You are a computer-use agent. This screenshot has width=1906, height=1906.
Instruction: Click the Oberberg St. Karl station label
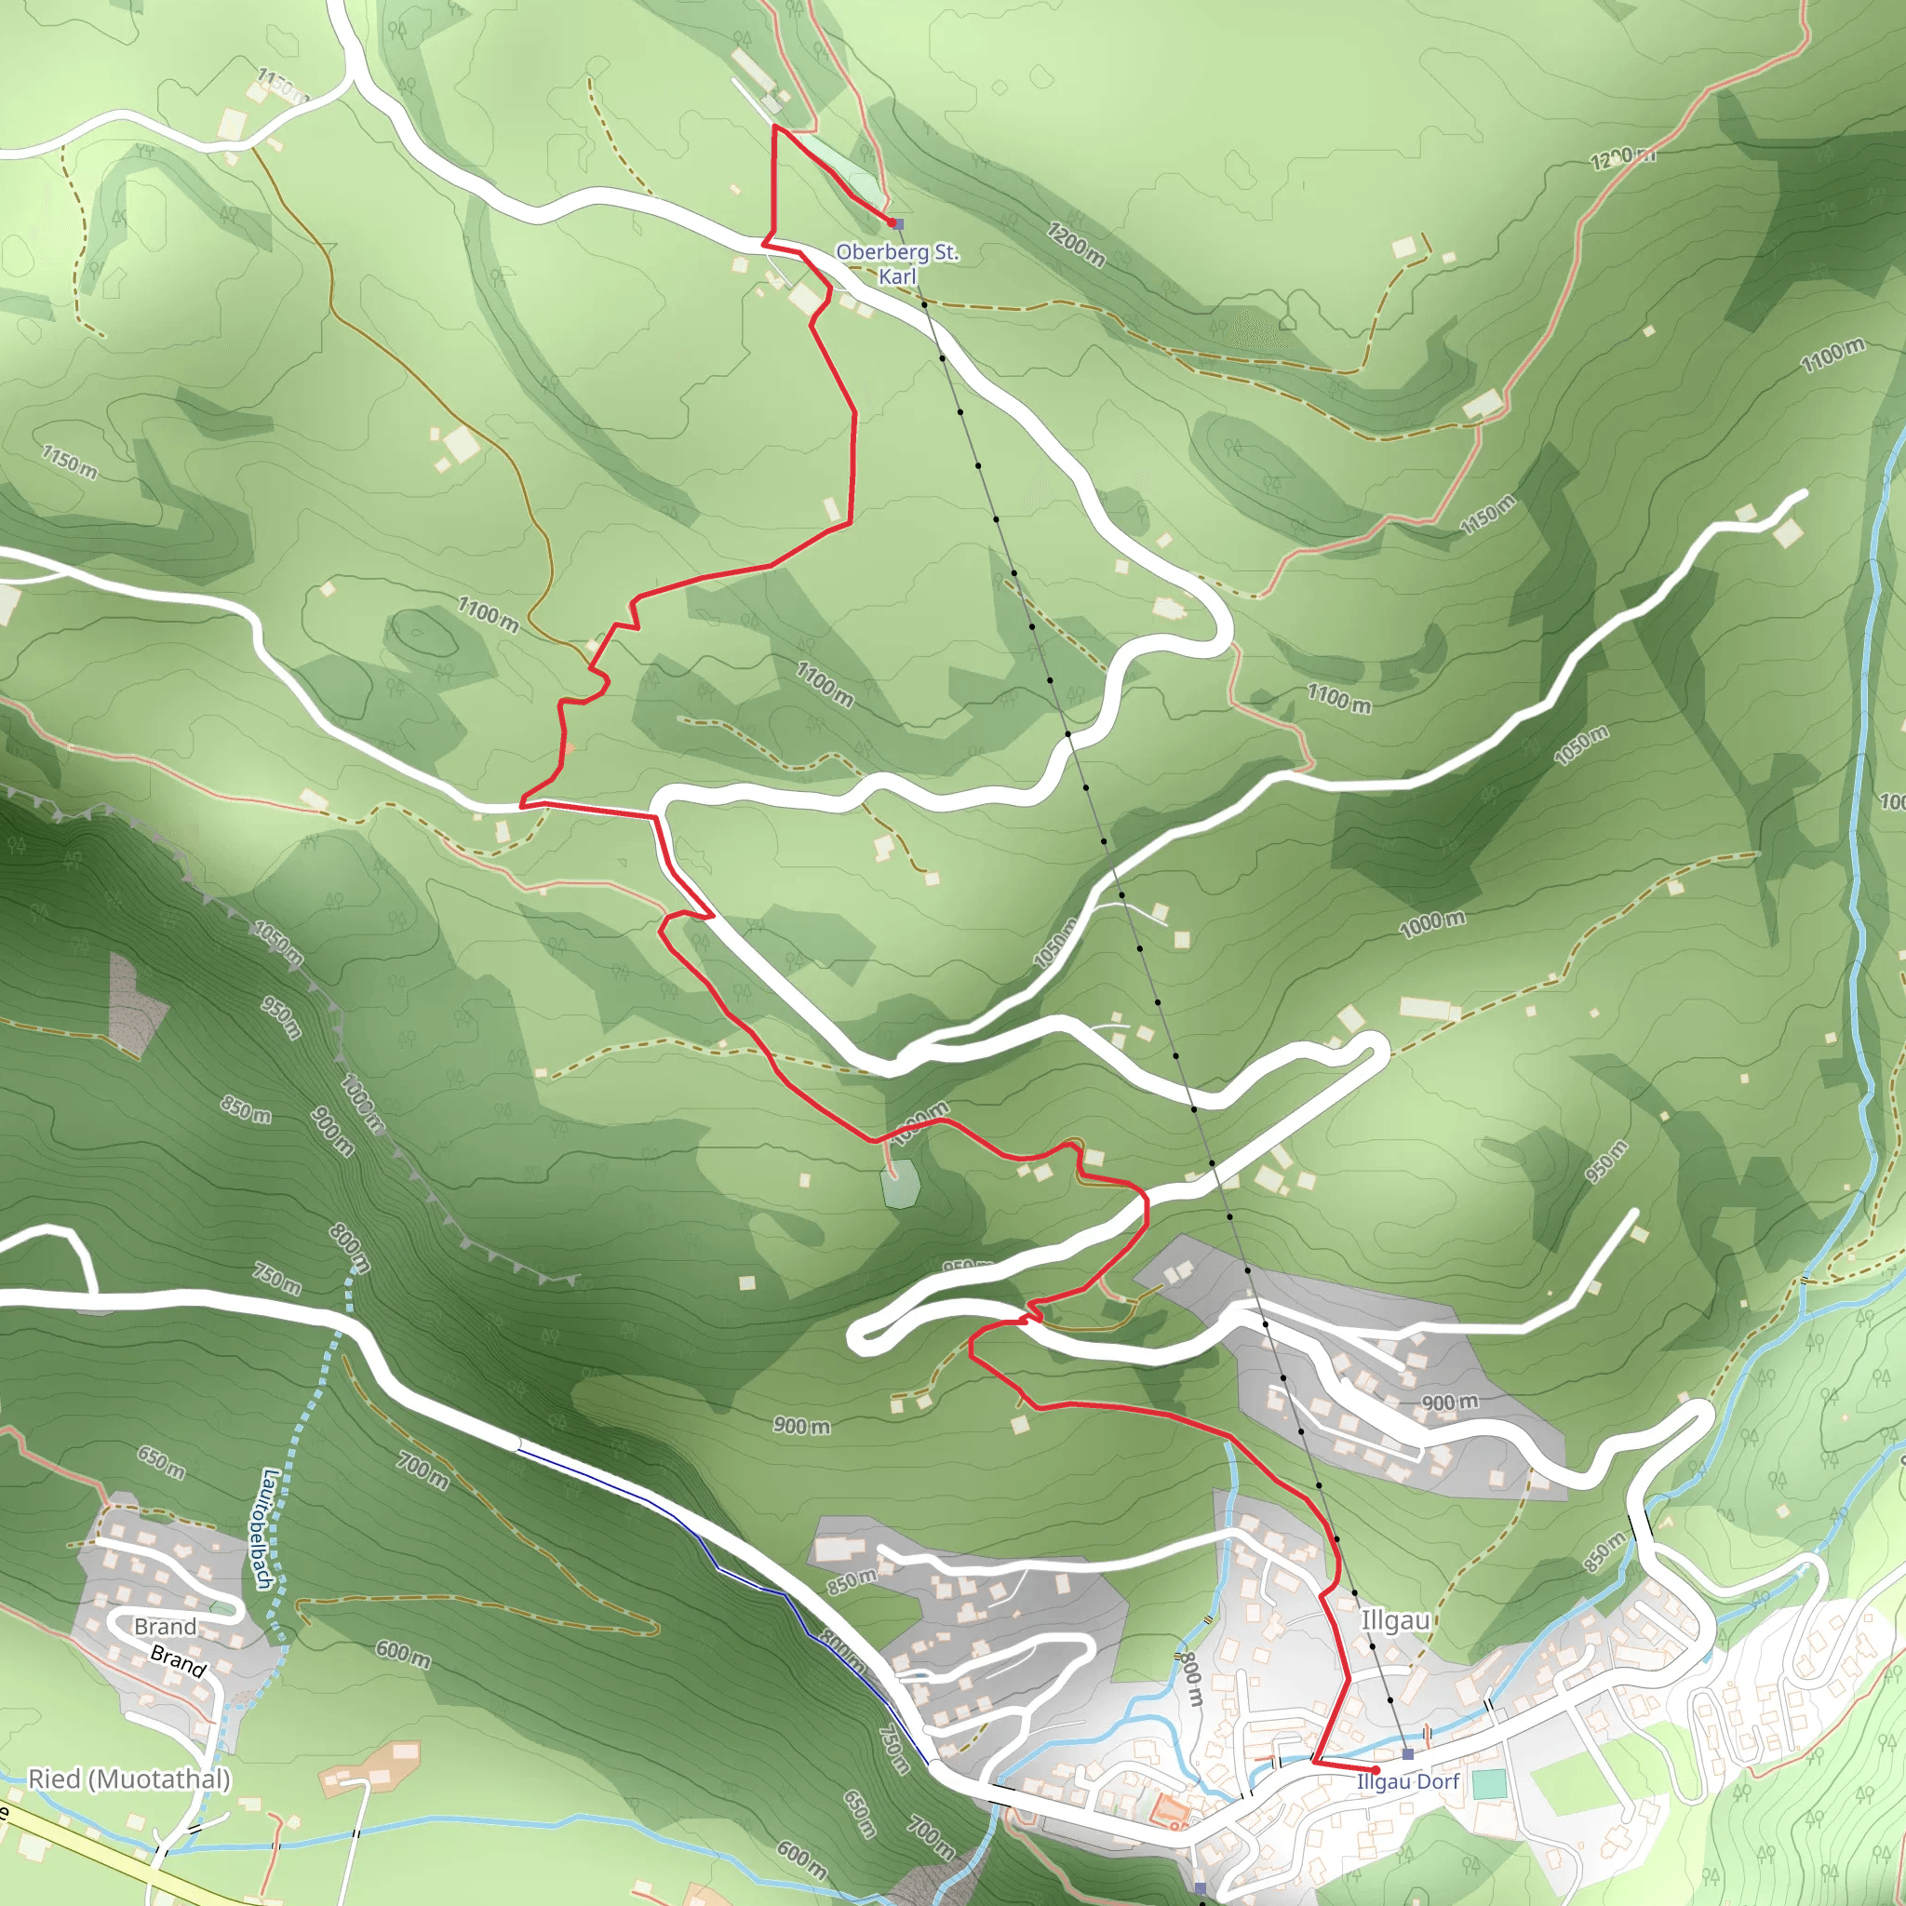[897, 263]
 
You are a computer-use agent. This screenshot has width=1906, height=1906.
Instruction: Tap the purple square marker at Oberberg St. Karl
[898, 224]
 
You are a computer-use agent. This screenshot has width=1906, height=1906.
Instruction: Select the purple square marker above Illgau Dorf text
[1408, 1754]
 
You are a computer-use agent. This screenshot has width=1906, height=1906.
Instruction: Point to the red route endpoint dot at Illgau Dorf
[1376, 1770]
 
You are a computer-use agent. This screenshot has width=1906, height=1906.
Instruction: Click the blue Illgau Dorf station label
[1408, 1781]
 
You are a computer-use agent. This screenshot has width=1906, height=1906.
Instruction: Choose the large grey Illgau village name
[1395, 1621]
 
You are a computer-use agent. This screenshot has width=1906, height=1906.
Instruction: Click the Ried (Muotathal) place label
[129, 1778]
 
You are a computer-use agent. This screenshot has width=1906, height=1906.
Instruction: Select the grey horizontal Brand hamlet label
[165, 1626]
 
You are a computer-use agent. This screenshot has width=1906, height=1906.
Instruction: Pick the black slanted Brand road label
[179, 1661]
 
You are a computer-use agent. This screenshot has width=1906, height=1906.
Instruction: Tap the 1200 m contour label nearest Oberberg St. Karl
[1075, 244]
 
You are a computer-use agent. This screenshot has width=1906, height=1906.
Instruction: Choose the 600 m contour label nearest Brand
[402, 1653]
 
